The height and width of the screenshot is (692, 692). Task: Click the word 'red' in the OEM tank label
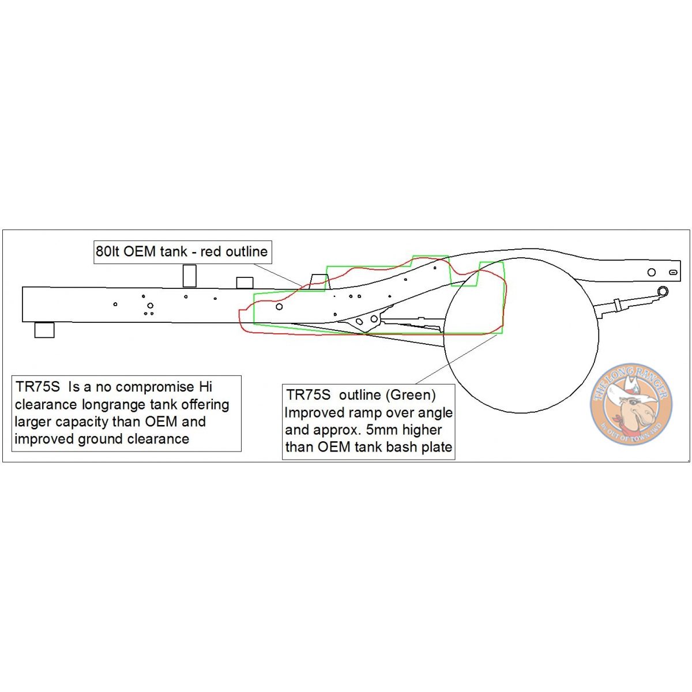(x=211, y=252)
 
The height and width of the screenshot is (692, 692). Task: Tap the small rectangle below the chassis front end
(x=44, y=330)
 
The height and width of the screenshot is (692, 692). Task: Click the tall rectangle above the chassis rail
(x=189, y=276)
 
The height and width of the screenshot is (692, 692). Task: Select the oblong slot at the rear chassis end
(x=674, y=272)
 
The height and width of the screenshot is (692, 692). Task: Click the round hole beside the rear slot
(x=652, y=272)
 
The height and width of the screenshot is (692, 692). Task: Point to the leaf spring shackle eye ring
(x=663, y=291)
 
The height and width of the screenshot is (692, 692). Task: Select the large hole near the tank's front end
(x=280, y=307)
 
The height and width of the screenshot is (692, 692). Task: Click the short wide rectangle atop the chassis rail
(x=245, y=283)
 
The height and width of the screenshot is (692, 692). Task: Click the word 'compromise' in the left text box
(x=155, y=387)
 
